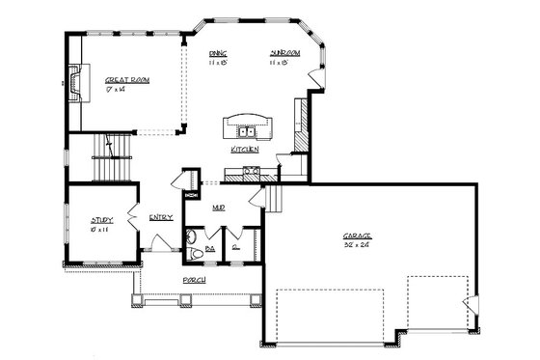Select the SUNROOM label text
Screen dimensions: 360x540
(x=285, y=53)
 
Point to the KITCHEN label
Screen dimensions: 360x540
(x=244, y=150)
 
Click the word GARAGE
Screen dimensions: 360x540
(x=357, y=235)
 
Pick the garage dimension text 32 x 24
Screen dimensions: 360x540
(x=357, y=245)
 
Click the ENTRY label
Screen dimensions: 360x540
(x=161, y=217)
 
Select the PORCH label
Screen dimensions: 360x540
(x=194, y=280)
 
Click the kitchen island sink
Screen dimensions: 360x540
(x=249, y=128)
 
